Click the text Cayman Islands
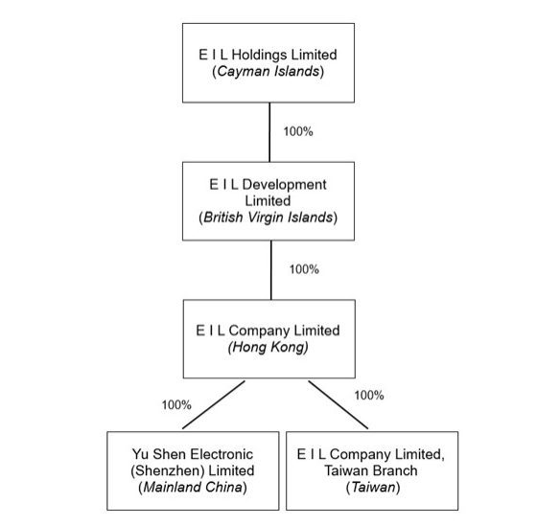[x=268, y=71]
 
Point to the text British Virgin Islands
[x=268, y=217]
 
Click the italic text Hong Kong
[x=268, y=347]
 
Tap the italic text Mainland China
[x=193, y=487]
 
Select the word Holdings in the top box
[x=254, y=55]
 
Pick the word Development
[x=284, y=185]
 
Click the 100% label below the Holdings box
[x=298, y=131]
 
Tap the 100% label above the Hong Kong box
[x=304, y=269]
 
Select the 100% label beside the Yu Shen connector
[x=176, y=405]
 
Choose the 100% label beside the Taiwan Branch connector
[x=369, y=396]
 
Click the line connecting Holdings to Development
[x=269, y=132]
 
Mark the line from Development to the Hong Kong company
[x=271, y=270]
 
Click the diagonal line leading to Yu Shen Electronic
[x=214, y=404]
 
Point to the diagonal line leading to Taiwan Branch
[x=338, y=404]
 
